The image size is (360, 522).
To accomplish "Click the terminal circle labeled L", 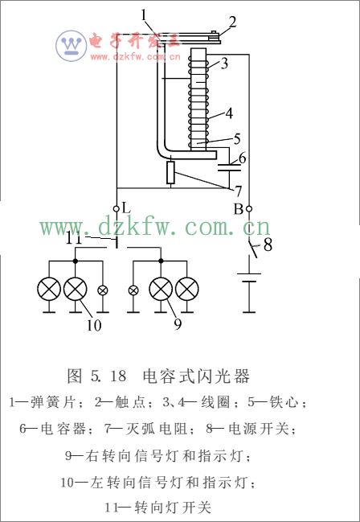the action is pos(117,209).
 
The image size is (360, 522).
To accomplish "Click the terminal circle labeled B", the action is pos(249,209).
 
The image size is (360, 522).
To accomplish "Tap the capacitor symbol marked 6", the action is pos(229,167).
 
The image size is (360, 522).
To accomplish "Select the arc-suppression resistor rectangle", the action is pos(170,172).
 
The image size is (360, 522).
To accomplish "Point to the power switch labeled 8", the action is pos(254,249).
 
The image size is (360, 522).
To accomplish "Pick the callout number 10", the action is pos(94,325).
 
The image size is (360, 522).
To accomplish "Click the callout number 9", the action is pos(178,324).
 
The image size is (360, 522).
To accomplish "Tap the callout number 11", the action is pos(74,238).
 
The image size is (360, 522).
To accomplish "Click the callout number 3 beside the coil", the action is pos(224,63).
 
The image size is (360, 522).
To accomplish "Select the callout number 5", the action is pos(237,138).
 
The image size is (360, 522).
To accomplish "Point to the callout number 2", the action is pos(232,22).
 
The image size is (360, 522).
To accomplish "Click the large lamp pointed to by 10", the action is pos(76,289).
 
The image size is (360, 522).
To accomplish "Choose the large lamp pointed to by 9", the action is pos(161,289).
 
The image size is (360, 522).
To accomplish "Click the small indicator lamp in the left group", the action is pos(102,290).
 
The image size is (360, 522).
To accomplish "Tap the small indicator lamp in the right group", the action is pos(133,290).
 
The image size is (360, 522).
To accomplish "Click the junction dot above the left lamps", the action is pos(76,261).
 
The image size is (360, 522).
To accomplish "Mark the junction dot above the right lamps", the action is pos(161,261).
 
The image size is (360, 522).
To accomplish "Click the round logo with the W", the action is pos(72,46).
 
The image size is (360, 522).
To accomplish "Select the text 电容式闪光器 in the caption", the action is pos(196,376).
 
